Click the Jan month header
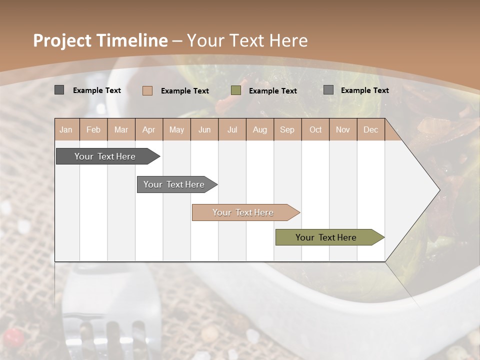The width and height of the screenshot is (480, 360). (x=66, y=130)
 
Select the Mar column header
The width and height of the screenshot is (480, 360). (x=121, y=130)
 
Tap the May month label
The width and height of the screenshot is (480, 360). (x=176, y=130)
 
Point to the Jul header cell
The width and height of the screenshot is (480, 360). (x=232, y=130)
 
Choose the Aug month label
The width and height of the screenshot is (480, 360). (x=259, y=130)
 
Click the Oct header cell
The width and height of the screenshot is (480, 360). (x=315, y=130)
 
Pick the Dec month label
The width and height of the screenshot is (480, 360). (x=370, y=130)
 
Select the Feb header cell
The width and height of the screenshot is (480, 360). (x=93, y=130)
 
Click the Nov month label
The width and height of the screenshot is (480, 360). (x=342, y=130)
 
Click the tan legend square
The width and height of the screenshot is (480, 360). (x=147, y=90)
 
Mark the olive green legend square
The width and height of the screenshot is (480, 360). (x=236, y=90)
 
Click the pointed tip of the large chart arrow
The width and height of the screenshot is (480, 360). (x=439, y=190)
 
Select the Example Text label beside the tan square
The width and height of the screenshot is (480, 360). (x=185, y=91)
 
